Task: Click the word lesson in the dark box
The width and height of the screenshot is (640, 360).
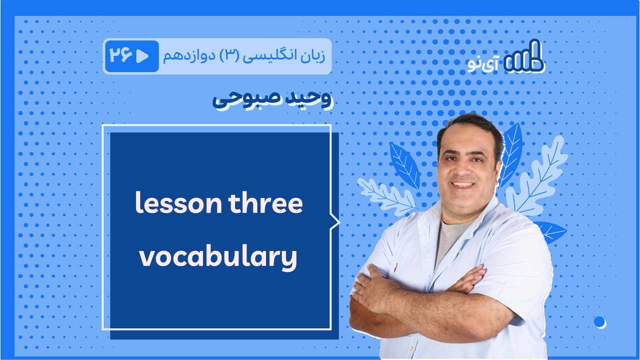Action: (x=178, y=202)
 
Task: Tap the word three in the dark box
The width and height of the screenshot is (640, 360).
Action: (x=265, y=202)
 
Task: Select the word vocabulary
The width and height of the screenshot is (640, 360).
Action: (x=218, y=257)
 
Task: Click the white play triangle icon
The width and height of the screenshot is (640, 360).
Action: (x=142, y=56)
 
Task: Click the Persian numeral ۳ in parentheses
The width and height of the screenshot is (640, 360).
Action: (x=229, y=56)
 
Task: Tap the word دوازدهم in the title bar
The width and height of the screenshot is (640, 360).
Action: (x=188, y=56)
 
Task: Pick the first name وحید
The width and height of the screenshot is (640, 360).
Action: (x=308, y=99)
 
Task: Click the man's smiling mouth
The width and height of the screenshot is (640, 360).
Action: (x=462, y=185)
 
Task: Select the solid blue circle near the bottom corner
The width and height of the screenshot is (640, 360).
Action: (x=599, y=321)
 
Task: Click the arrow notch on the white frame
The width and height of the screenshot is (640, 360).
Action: (x=335, y=222)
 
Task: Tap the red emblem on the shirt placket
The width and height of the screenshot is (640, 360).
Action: (x=396, y=269)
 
